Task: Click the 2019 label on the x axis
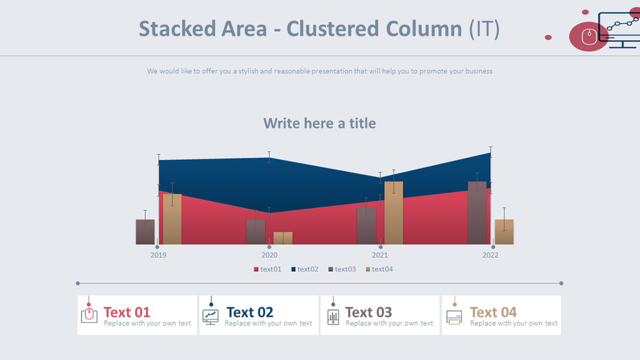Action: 158,255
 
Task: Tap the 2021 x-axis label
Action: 380,255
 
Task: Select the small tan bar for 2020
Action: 282,238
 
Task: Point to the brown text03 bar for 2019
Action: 145,232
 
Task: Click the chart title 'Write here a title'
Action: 319,123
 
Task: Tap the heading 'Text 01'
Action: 127,312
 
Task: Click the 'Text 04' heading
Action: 493,312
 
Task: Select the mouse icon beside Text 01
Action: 89,316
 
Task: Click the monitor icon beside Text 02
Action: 210,316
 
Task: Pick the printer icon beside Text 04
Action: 454,317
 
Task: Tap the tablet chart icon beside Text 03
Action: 333,317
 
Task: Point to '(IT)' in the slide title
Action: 484,28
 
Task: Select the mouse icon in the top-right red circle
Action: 588,36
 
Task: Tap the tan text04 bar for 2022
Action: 504,232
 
